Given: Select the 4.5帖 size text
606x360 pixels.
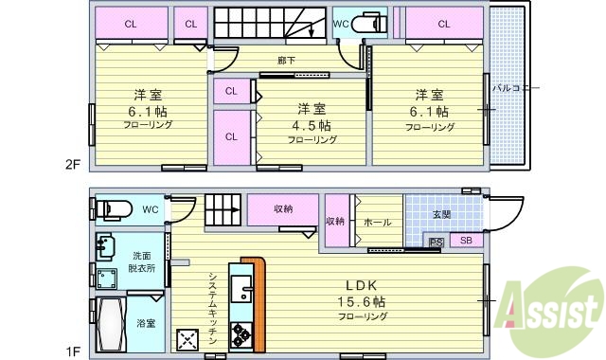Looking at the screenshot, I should (312, 125).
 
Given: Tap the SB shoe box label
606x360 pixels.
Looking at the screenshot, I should (466, 242).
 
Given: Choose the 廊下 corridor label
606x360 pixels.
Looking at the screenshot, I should (285, 61).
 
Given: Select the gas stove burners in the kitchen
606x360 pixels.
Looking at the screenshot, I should (241, 334).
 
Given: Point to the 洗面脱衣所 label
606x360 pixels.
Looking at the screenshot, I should (142, 261).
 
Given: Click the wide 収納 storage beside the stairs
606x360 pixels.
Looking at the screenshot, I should (283, 210).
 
